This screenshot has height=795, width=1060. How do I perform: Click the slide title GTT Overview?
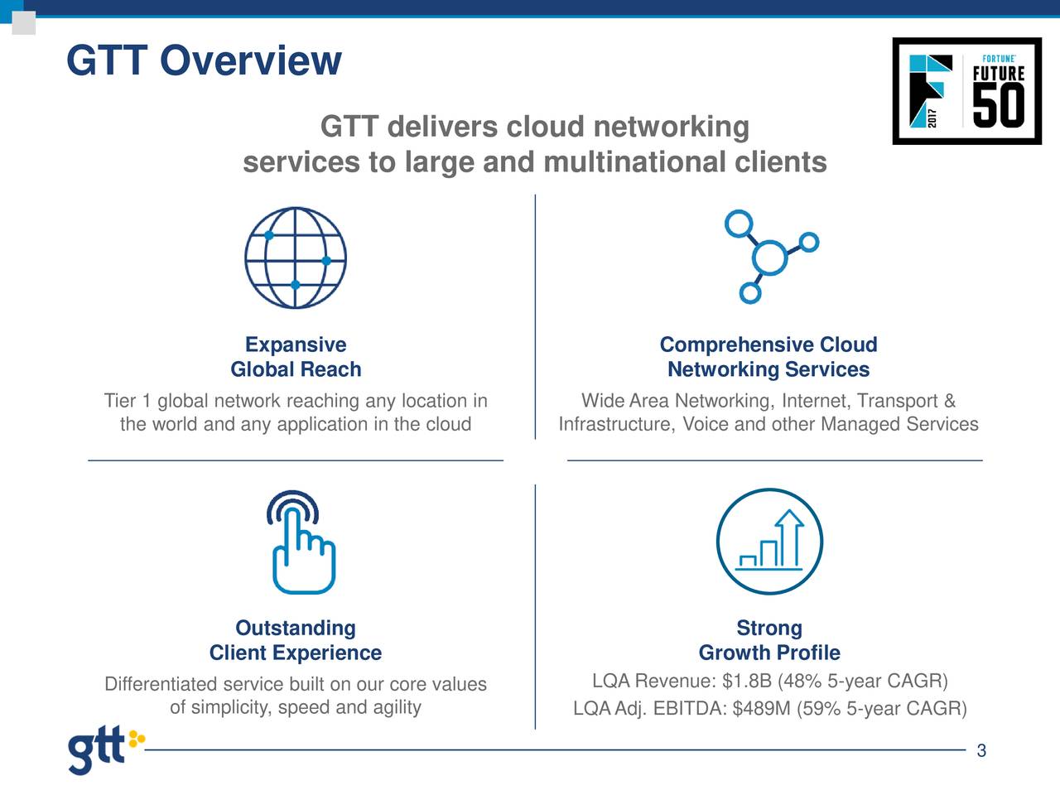[x=203, y=61]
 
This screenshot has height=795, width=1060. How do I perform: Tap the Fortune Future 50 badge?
[x=966, y=91]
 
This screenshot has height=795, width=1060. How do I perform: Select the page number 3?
[x=981, y=751]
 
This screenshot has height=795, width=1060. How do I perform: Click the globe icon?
[x=296, y=258]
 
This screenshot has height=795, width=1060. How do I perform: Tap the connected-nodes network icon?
[x=770, y=257]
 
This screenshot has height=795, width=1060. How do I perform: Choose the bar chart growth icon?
[x=769, y=542]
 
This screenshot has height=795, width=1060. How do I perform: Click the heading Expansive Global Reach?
[x=296, y=357]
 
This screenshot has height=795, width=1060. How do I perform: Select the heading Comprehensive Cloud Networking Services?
[x=768, y=357]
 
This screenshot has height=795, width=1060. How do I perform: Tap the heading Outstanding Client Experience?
[x=296, y=640]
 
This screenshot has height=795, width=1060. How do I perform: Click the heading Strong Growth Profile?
[x=769, y=640]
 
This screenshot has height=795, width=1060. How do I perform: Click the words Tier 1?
[x=128, y=402]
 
